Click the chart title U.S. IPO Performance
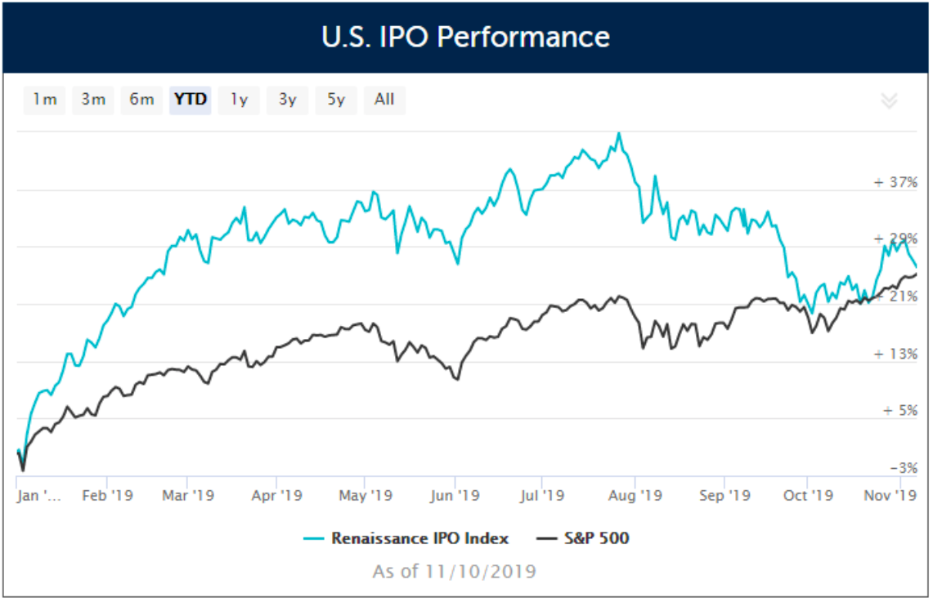[466, 37]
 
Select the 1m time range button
[44, 100]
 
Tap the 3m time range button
[93, 100]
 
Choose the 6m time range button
[141, 100]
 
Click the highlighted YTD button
[191, 100]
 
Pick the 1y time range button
[239, 100]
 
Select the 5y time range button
[336, 100]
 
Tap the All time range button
[384, 100]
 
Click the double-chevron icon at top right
[889, 100]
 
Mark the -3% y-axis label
[902, 468]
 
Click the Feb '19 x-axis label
[108, 496]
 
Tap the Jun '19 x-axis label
[455, 496]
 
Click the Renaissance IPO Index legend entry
[419, 538]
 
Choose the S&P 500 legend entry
[594, 538]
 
